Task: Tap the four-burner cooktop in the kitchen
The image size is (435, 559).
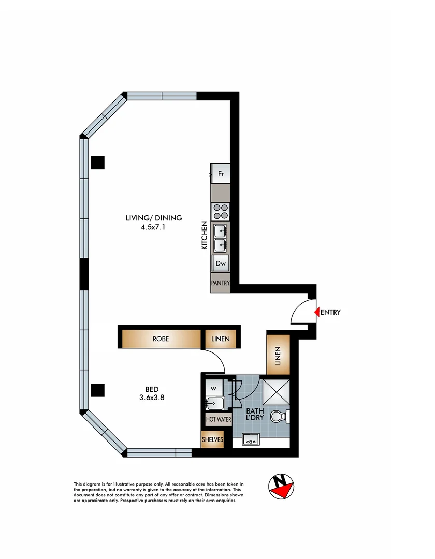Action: [221, 212]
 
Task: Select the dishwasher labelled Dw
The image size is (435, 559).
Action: [221, 263]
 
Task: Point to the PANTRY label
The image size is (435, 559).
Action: [220, 283]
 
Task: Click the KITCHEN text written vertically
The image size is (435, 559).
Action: [205, 236]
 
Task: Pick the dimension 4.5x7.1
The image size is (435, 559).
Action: [154, 227]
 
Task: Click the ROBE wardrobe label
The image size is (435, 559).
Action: [161, 339]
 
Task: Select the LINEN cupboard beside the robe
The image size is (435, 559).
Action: [221, 339]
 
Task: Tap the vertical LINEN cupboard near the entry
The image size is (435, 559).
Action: [278, 355]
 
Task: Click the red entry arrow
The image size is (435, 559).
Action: [317, 312]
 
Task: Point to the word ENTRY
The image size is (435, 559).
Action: [331, 312]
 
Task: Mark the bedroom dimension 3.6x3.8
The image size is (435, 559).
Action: [152, 398]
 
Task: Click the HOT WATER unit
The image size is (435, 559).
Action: [219, 420]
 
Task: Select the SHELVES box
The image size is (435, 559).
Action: [212, 439]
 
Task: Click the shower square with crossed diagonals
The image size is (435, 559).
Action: [277, 391]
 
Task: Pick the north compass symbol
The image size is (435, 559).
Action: [281, 486]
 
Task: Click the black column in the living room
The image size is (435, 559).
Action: [98, 163]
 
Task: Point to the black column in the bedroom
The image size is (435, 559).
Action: [98, 390]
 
